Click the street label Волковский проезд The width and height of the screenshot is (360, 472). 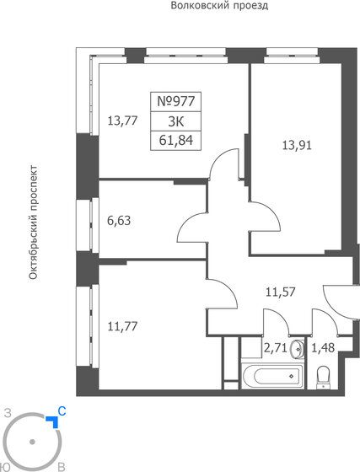coord(218,6)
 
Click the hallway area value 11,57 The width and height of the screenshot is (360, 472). coord(280,293)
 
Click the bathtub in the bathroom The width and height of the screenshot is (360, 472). coord(267,375)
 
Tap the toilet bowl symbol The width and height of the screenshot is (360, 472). coord(322,377)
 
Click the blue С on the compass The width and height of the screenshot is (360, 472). coord(61,412)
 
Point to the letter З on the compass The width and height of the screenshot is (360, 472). coord(8,413)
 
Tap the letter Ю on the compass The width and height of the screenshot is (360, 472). coord(8,466)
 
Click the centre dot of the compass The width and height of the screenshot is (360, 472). coord(32,441)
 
